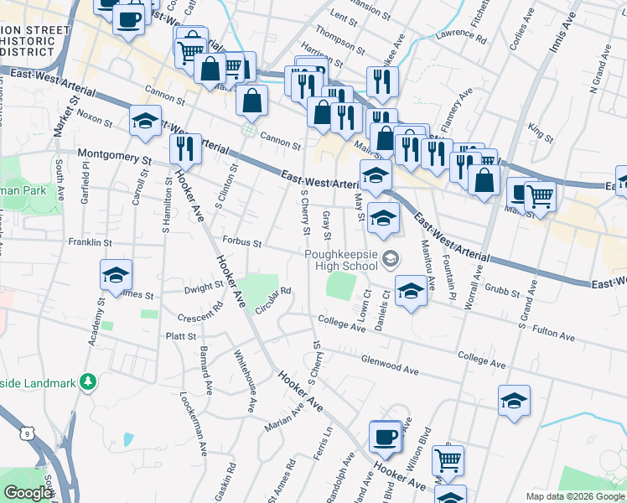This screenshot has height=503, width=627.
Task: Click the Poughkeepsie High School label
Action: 341,260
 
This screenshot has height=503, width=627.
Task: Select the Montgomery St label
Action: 114,155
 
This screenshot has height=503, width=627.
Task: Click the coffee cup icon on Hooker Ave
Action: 386,437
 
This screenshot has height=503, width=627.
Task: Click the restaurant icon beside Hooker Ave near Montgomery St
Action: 185,148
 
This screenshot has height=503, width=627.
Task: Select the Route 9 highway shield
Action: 29,433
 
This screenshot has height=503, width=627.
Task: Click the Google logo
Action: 28,494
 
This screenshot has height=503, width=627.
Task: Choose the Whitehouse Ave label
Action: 245,381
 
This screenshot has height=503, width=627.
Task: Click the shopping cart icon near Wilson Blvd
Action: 448,460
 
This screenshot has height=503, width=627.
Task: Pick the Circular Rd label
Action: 273,300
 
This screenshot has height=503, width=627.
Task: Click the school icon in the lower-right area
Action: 514,401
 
